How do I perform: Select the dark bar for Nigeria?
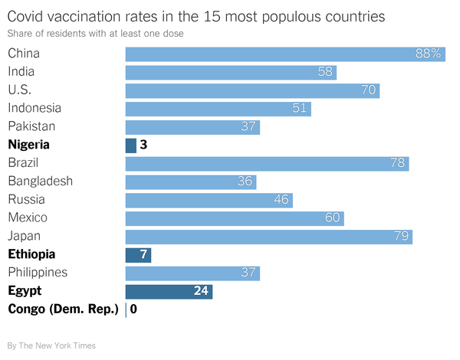130,145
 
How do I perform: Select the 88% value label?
429,54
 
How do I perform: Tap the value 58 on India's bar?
325,72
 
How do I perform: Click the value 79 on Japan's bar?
402,236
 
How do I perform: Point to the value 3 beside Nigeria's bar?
143,145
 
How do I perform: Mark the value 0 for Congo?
133,309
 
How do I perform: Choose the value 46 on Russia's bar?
281,200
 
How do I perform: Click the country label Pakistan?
31,126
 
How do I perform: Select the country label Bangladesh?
40,182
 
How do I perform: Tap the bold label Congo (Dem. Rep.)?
63,309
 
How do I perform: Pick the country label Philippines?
38,273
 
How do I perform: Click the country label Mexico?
28,218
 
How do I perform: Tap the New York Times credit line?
51,345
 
